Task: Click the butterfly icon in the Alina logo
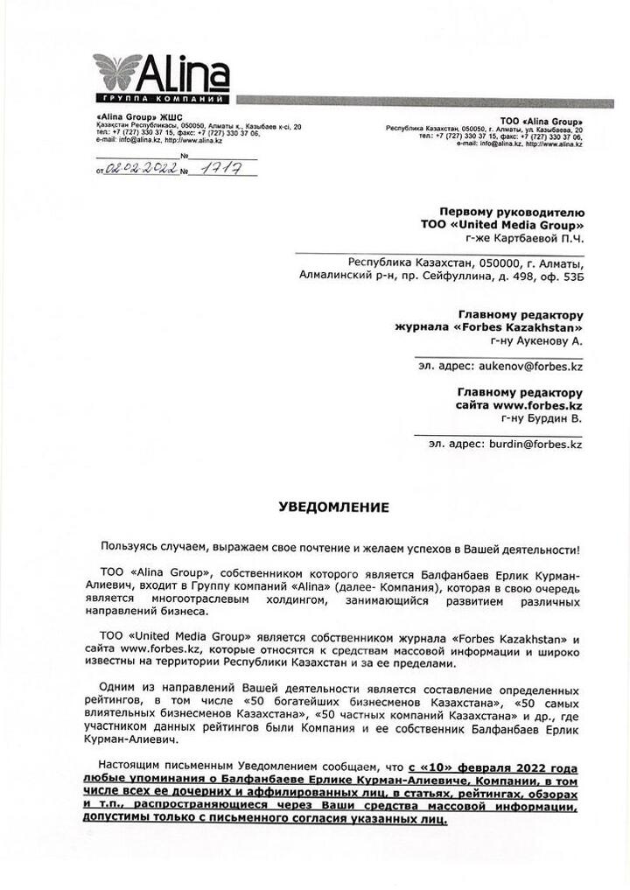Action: pos(117,71)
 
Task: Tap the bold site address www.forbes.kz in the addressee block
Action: pos(537,406)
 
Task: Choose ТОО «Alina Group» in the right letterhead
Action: pos(541,120)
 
